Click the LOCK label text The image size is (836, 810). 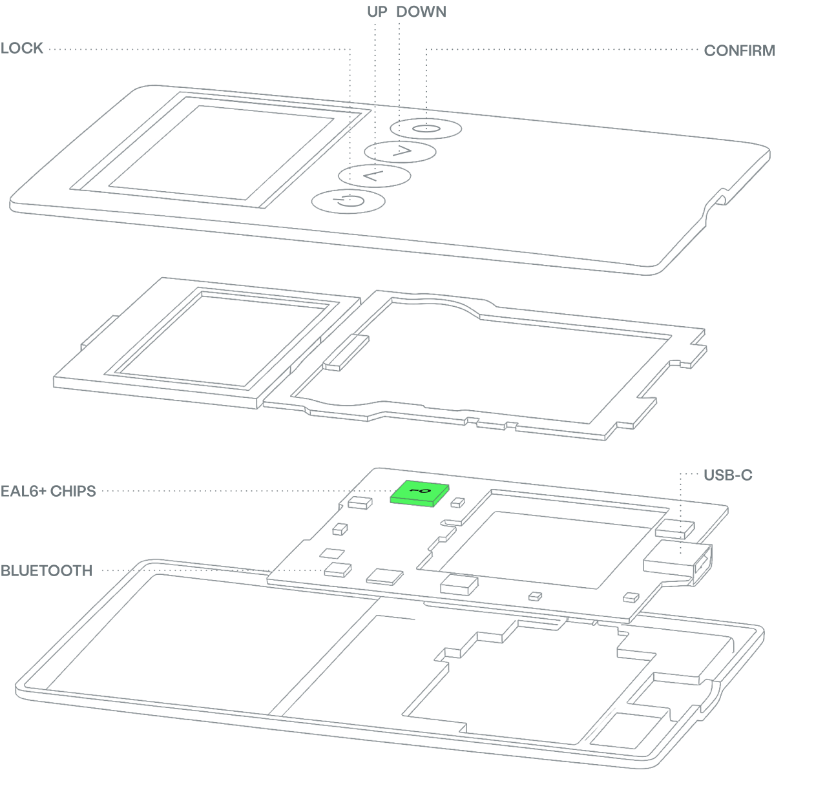point(22,48)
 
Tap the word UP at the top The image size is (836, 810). point(377,12)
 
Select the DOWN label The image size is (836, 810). point(421,12)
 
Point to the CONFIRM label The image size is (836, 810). point(739,51)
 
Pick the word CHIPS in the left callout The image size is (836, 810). point(72,491)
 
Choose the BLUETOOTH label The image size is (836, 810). point(46,571)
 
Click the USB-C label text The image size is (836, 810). point(728,475)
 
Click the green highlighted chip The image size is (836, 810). point(420,493)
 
